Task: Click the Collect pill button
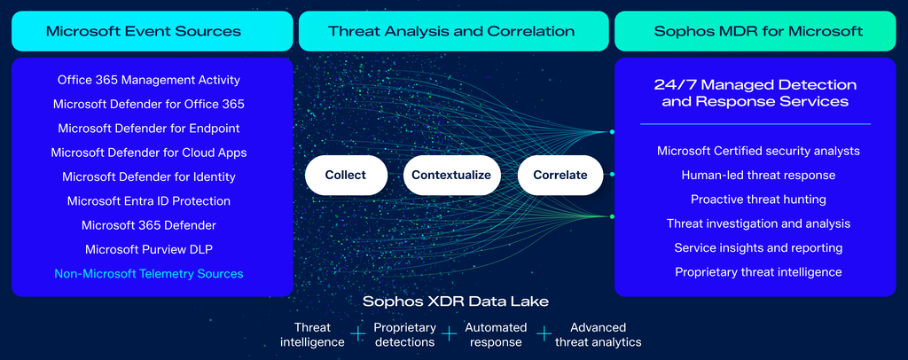[x=346, y=175]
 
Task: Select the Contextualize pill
[x=451, y=175]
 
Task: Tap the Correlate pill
[x=560, y=175]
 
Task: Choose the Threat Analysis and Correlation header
[x=451, y=31]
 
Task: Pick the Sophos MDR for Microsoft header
[x=758, y=31]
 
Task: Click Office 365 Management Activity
[x=149, y=80]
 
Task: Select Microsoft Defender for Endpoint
[x=149, y=129]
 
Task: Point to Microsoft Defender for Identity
[x=149, y=176]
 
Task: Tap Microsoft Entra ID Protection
[x=149, y=201]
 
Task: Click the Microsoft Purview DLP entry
[x=149, y=249]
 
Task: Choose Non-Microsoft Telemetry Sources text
[x=149, y=274]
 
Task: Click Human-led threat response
[x=758, y=176]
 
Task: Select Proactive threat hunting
[x=758, y=200]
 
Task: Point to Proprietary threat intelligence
[x=758, y=272]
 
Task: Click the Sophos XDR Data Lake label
[x=455, y=301]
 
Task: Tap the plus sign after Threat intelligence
[x=358, y=334]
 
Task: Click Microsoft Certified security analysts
[x=758, y=151]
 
